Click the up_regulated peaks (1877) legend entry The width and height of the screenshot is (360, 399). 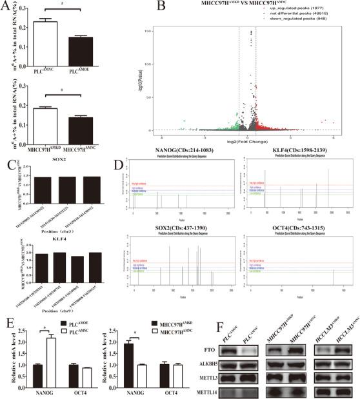303,14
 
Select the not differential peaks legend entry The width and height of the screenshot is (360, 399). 304,20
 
